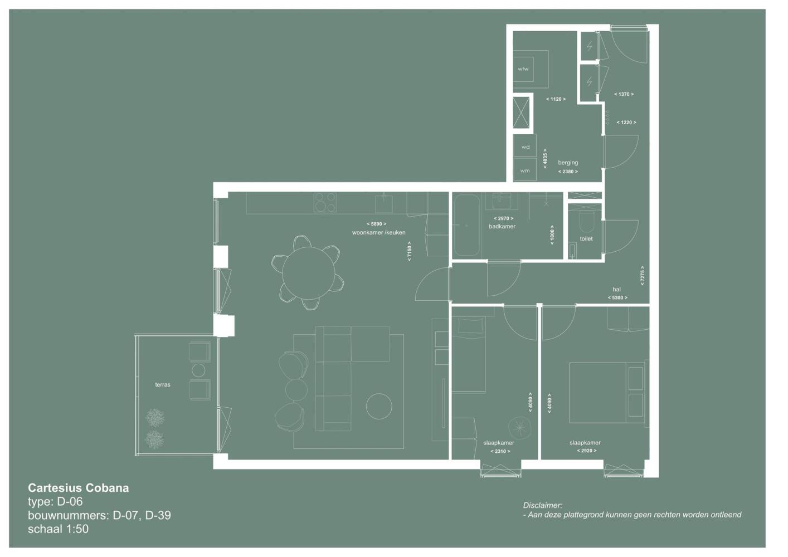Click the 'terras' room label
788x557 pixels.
[163, 385]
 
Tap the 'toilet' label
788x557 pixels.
[586, 239]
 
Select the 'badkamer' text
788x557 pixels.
[502, 227]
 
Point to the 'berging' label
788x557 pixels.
[568, 163]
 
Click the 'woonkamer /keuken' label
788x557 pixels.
[378, 232]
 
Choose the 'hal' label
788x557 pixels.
[616, 290]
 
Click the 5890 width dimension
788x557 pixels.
[376, 224]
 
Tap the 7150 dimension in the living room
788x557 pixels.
[409, 251]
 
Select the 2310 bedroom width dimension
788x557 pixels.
[500, 452]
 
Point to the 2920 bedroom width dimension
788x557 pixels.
[587, 451]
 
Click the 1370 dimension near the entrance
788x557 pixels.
[624, 94]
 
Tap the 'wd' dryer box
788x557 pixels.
[525, 146]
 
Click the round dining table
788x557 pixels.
[309, 273]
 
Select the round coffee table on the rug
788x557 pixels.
[379, 406]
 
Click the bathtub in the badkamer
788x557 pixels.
[466, 226]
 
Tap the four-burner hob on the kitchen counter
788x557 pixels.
[325, 202]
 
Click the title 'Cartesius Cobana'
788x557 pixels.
[79, 488]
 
